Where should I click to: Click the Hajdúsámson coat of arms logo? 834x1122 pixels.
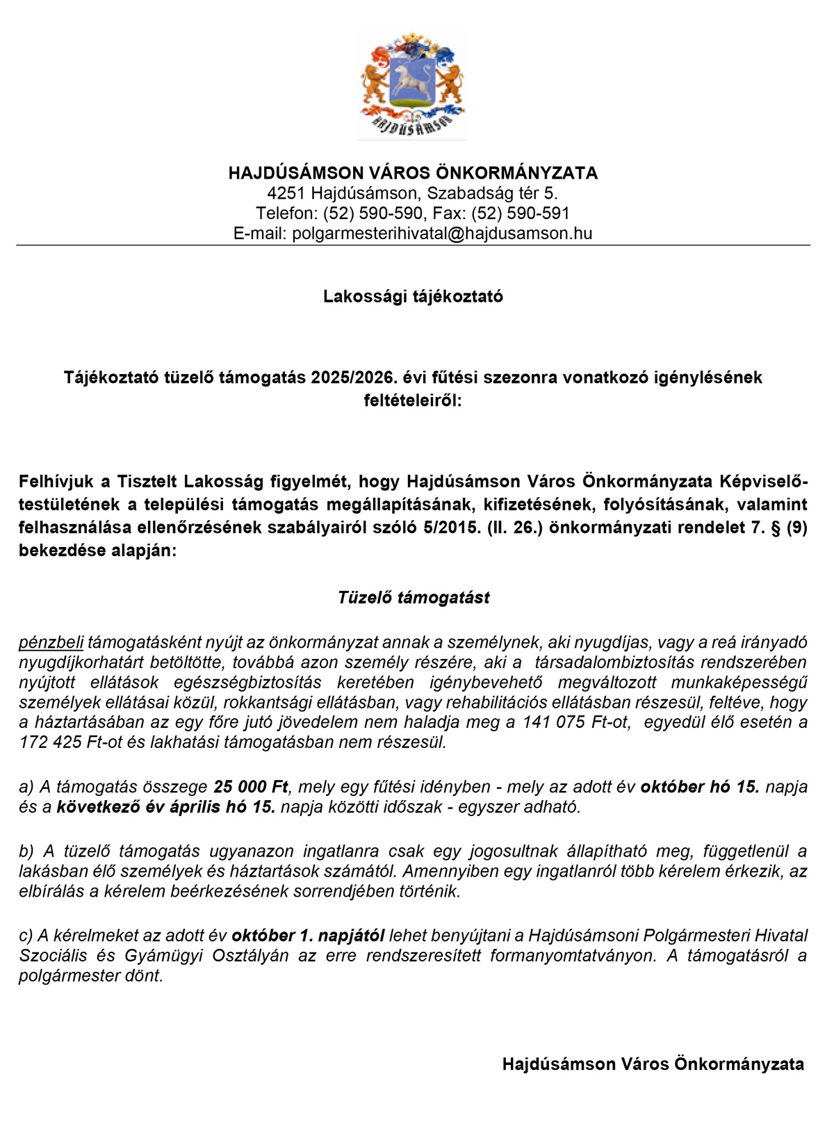point(412,85)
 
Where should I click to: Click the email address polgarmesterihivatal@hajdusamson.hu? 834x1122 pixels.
point(442,234)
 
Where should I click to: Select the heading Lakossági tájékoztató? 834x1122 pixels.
point(413,297)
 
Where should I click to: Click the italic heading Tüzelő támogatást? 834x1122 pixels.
point(414,598)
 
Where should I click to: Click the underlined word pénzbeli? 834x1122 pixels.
point(51,642)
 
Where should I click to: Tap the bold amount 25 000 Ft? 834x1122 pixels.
point(250,787)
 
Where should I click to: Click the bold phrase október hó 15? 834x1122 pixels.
point(700,787)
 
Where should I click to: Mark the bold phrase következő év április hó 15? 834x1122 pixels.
point(166,807)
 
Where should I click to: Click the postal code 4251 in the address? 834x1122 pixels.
point(286,193)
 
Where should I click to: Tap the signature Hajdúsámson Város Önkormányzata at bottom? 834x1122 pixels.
point(653,1064)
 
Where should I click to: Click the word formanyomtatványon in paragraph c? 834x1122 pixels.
point(573,956)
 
